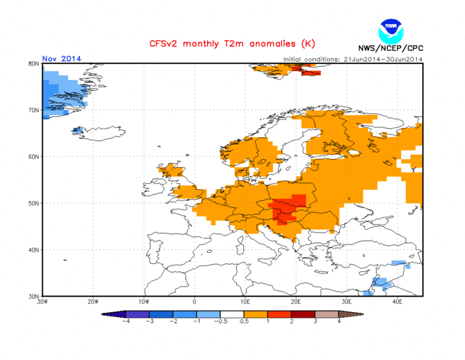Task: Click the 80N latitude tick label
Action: (x=33, y=64)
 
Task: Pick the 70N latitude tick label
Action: (x=33, y=111)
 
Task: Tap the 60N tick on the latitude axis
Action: (x=33, y=157)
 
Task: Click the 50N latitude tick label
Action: (x=33, y=204)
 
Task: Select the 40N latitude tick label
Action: (x=33, y=250)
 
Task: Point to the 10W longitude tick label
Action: (x=144, y=302)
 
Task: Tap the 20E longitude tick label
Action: (x=296, y=302)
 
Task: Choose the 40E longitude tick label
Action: (x=397, y=302)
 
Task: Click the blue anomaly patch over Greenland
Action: (x=62, y=91)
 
